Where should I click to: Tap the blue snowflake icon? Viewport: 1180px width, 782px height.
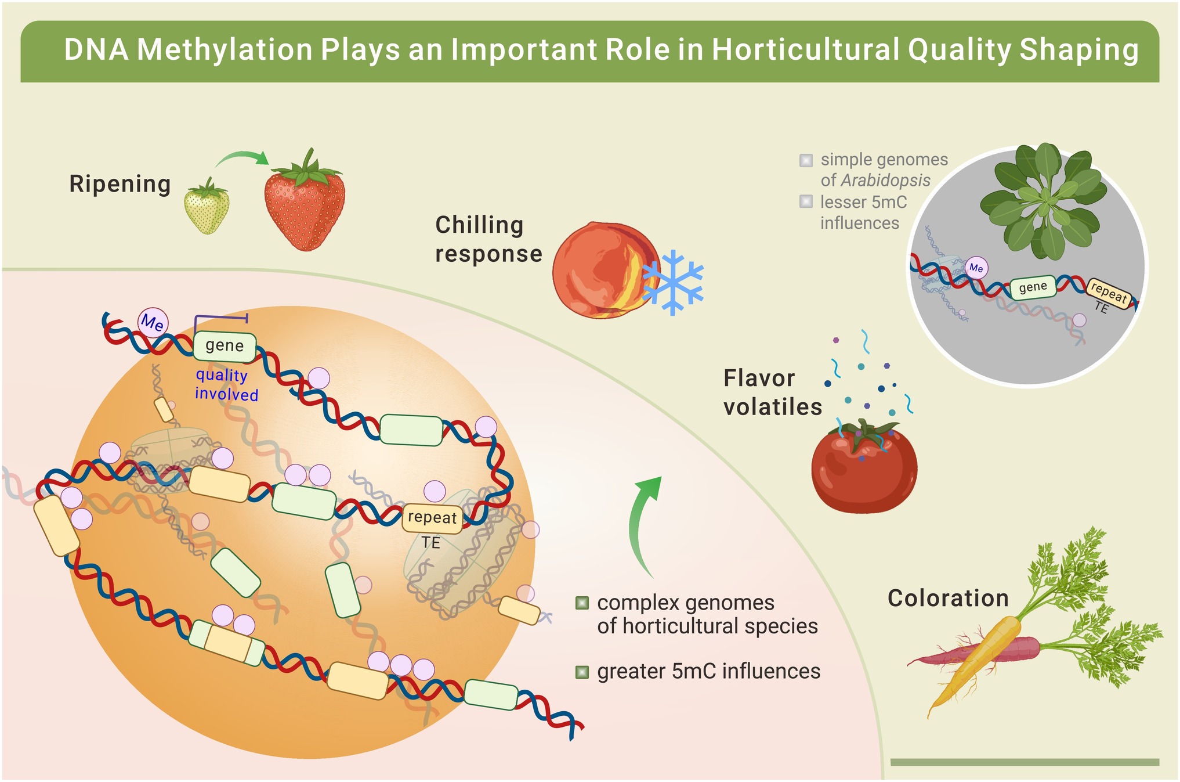click(673, 282)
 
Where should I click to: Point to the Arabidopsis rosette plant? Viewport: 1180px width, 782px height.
click(1041, 200)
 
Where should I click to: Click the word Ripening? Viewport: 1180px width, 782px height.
click(120, 185)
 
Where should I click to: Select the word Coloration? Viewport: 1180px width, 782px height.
click(948, 598)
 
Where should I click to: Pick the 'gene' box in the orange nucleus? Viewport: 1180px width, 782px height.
click(225, 346)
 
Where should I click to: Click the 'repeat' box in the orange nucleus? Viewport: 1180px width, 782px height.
click(433, 517)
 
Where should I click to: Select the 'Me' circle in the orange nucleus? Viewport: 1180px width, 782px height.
click(153, 322)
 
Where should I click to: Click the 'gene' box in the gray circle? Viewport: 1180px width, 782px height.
click(1033, 287)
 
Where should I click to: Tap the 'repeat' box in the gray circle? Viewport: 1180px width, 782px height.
click(1109, 293)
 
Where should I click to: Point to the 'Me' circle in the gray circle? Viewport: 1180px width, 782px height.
click(976, 268)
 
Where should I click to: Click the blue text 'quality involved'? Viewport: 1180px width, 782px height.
click(226, 385)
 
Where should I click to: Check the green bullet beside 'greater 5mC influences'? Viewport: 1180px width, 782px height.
click(582, 672)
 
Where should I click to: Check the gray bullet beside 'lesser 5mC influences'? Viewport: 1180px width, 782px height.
click(806, 201)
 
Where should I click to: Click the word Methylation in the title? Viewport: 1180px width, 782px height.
click(225, 50)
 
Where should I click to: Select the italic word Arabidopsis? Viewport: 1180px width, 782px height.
click(885, 181)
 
